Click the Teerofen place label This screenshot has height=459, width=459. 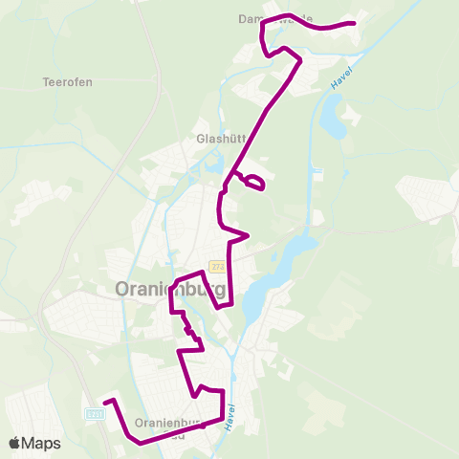(67, 82)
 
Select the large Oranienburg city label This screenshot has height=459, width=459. (170, 289)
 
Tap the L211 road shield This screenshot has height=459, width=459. (94, 414)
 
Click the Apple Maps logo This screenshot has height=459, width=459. (34, 443)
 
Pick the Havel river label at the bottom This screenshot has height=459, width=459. (231, 416)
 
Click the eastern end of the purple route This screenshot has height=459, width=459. (354, 23)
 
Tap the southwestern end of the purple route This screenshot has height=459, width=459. (105, 401)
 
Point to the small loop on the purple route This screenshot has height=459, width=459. (252, 182)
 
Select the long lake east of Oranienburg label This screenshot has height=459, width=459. (273, 277)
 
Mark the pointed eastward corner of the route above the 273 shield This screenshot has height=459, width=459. (248, 234)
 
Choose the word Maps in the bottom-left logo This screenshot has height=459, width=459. (41, 443)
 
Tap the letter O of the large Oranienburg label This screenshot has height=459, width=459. (123, 289)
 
